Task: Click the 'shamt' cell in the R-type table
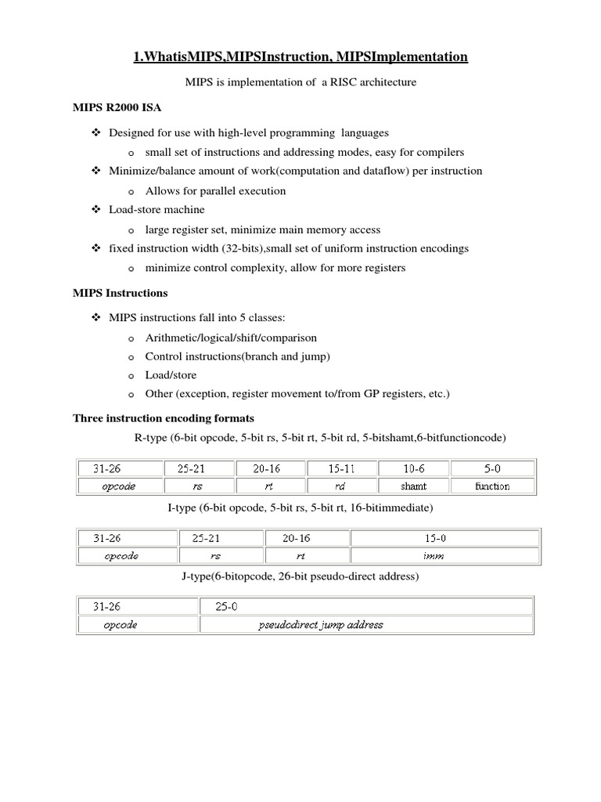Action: tap(412, 486)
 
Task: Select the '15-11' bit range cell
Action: tap(341, 468)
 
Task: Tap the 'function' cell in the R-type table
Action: tap(492, 486)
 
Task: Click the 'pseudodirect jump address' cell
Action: tap(321, 625)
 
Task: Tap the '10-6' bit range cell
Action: tap(412, 468)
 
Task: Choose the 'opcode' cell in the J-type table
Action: tap(121, 625)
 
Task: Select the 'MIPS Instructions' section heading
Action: tap(120, 293)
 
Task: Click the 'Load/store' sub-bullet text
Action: tap(171, 375)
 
